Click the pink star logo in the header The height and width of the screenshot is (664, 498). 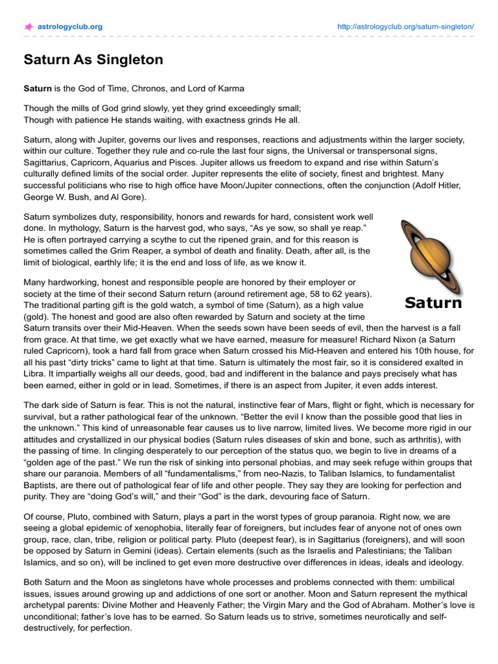(x=29, y=27)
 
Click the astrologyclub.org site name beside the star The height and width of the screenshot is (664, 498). (x=71, y=27)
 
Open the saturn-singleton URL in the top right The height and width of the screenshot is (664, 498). (x=406, y=27)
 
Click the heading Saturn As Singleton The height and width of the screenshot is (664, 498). (x=93, y=60)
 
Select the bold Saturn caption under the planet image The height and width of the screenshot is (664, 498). (x=433, y=302)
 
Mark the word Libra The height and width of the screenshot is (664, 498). (x=36, y=374)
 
